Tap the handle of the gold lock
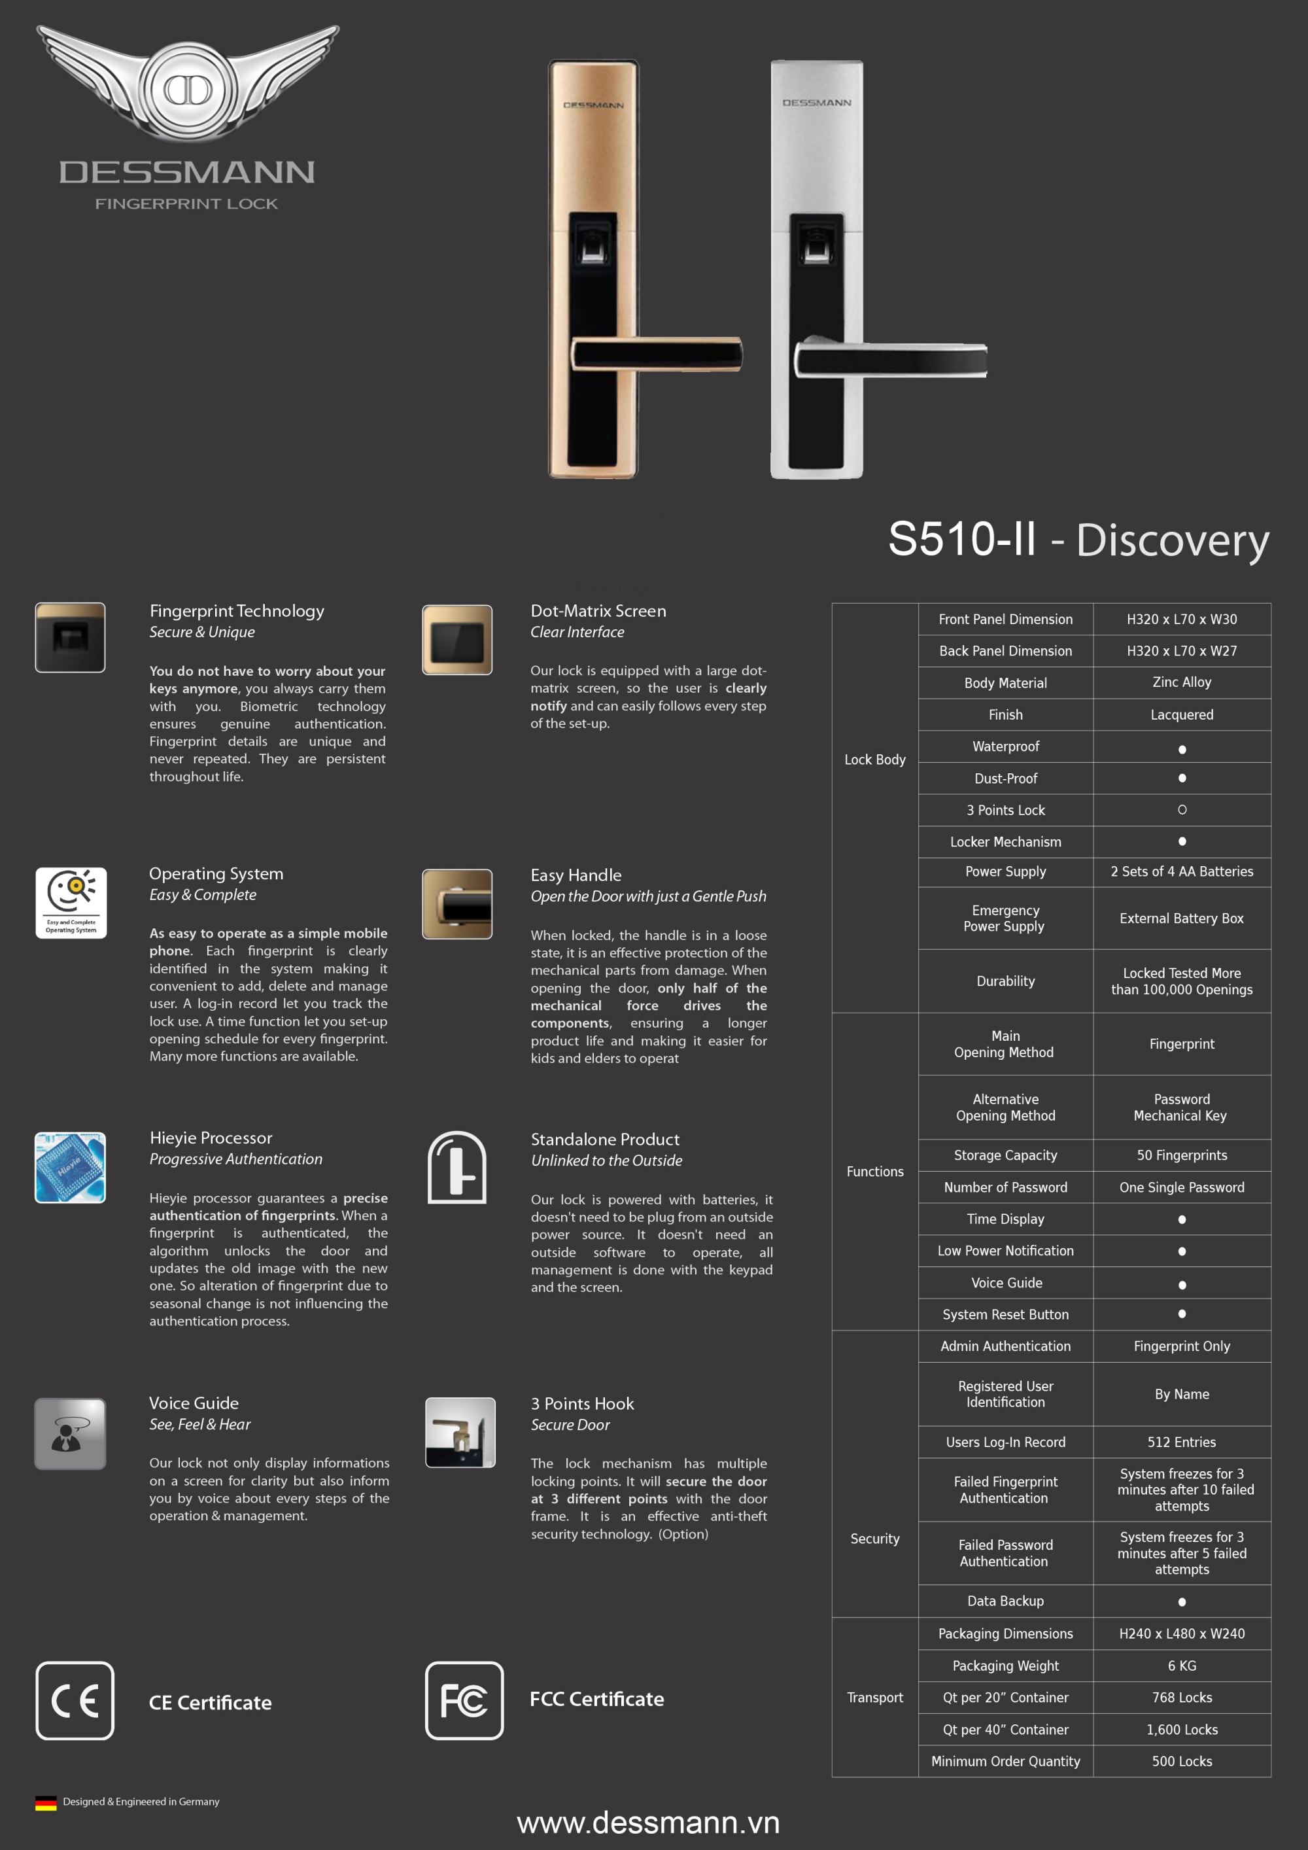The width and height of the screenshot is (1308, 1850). coord(657,355)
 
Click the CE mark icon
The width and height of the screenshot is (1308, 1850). coord(75,1700)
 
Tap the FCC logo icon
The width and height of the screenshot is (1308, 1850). coord(464,1700)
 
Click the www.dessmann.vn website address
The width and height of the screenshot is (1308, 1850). coord(648,1823)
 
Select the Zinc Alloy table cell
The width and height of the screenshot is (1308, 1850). coord(1182,682)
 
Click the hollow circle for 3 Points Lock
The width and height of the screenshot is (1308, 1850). coord(1182,810)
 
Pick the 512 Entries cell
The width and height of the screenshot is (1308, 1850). coord(1182,1442)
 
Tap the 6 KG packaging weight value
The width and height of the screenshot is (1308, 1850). coord(1182,1666)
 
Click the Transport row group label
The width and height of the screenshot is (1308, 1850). coord(874,1698)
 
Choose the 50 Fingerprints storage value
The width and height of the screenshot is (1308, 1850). coord(1182,1155)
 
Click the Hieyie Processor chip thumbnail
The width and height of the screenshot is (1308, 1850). coord(70,1168)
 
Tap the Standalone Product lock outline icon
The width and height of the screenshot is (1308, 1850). coord(456,1168)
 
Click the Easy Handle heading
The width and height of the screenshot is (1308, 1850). coord(576,875)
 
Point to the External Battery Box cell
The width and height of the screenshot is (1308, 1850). coord(1182,918)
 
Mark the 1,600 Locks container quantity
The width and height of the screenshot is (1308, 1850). coord(1182,1730)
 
